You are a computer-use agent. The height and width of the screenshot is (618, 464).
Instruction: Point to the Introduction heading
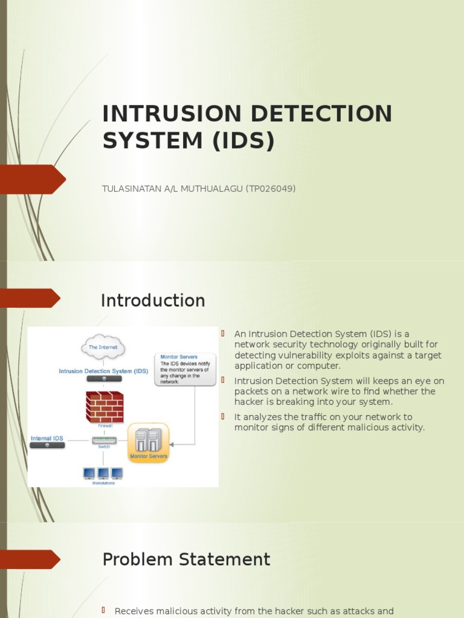coord(153,301)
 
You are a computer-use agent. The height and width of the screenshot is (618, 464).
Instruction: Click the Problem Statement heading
coord(186,559)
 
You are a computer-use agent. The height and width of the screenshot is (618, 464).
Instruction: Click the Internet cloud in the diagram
coord(103,347)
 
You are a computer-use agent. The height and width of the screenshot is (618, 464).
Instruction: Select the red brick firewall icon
coord(104,406)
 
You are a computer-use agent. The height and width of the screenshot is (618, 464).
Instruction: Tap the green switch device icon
coord(104,440)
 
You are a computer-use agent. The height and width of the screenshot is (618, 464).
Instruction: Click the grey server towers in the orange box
coord(149,439)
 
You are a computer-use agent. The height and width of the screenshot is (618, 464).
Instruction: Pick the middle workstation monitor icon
coord(103,473)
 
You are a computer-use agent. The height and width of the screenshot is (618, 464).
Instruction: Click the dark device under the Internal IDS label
coord(47,445)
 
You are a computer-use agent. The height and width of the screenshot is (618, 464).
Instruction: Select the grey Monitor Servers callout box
coord(185,369)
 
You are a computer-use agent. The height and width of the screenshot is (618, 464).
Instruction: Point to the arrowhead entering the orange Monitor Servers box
coord(172,444)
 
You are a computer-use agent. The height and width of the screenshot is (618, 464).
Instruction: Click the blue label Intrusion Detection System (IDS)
coord(103,371)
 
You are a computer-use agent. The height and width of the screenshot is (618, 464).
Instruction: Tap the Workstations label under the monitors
coord(103,483)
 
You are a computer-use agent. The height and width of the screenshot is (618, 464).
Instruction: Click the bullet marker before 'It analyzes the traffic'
coord(222,416)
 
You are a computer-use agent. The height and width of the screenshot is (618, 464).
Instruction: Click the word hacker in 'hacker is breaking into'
coord(248,401)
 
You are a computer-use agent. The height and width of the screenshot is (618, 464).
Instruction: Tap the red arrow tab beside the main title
coord(33,179)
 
